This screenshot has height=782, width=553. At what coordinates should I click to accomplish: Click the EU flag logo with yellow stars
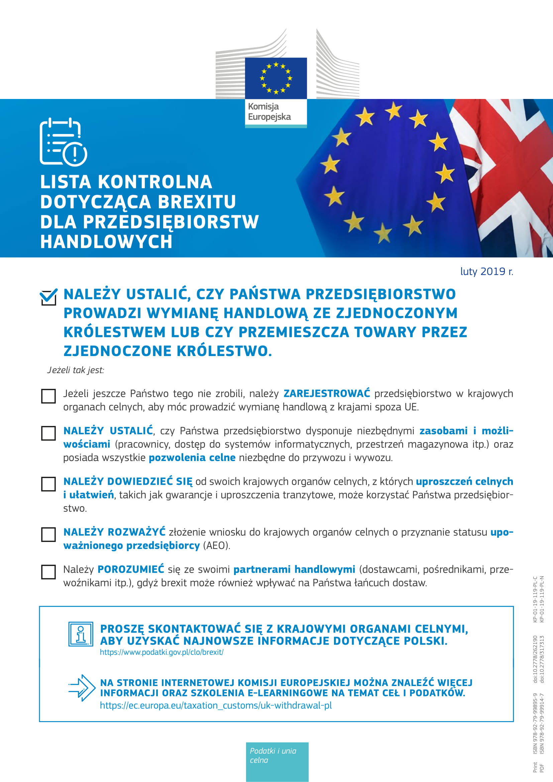point(276,78)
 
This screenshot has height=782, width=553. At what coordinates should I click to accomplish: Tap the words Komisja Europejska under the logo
point(269,112)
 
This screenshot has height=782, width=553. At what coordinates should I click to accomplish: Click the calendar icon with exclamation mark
point(63,142)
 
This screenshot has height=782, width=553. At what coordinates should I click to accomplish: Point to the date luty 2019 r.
point(486,271)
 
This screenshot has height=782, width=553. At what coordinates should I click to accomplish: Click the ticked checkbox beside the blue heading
point(48,297)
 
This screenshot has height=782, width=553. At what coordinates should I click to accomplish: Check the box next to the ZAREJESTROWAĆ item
point(48,396)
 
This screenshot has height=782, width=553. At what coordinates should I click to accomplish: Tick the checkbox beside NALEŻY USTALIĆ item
point(48,433)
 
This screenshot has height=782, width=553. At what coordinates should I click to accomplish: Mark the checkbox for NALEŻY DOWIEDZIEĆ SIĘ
point(48,484)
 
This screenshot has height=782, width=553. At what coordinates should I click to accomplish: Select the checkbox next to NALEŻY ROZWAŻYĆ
point(48,534)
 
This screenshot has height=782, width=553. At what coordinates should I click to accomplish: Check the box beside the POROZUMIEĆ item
point(48,572)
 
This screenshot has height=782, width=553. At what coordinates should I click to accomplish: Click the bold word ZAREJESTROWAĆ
point(327,394)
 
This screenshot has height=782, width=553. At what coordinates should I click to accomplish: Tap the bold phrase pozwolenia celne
point(192,457)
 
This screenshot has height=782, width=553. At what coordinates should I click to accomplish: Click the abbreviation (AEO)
point(217,545)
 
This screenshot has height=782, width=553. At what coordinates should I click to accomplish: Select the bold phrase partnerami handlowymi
point(294,569)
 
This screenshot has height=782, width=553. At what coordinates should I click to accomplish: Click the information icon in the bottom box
point(81,634)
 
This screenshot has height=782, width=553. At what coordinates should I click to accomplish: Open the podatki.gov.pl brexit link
point(161,652)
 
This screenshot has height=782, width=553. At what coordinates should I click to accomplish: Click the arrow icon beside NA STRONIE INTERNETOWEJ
point(82,688)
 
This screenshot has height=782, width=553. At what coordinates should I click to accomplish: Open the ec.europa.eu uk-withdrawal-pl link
point(216,705)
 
